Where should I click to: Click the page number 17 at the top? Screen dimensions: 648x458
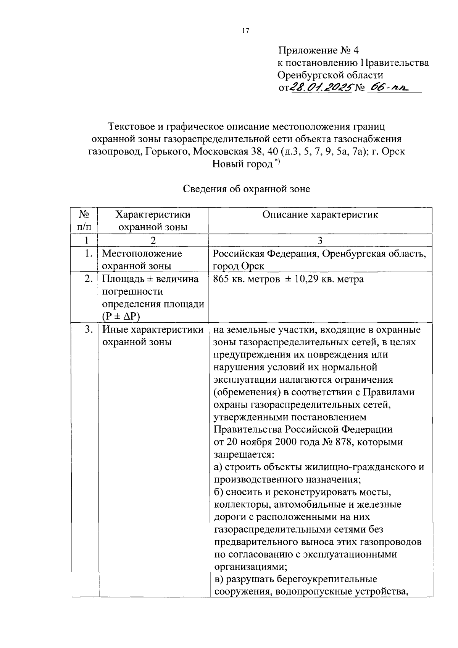pos(245,31)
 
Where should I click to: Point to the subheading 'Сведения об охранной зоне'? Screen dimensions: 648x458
pos(246,188)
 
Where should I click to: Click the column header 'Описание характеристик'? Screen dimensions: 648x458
pos(320,214)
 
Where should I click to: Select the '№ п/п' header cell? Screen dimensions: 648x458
pos(84,220)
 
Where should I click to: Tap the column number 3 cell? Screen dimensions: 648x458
pos(320,240)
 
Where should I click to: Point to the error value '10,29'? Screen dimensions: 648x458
pos(305,279)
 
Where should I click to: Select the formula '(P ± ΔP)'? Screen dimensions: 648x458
pos(121,317)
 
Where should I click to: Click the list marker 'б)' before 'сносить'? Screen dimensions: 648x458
pos(219,492)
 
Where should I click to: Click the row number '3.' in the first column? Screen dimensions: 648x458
pos(89,330)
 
